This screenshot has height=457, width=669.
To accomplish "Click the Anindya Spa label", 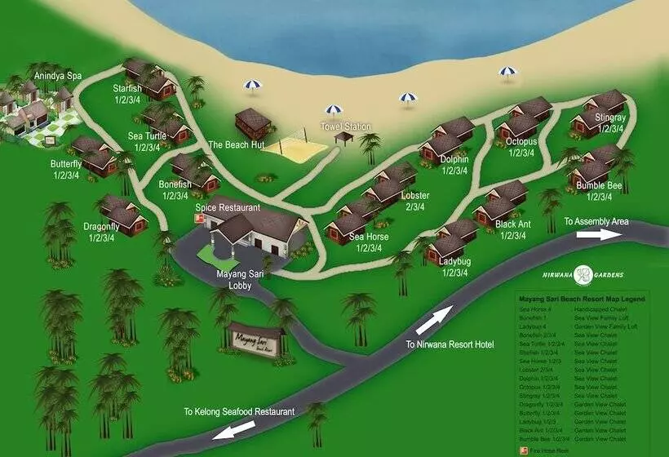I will (x=57, y=76).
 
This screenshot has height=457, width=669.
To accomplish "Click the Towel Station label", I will (x=345, y=126).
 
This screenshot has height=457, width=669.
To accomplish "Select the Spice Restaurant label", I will (x=228, y=207).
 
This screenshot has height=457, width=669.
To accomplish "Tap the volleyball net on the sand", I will (x=289, y=149).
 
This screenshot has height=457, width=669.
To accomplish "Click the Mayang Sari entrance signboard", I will (x=255, y=337).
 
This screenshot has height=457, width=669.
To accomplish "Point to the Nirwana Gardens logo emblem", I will (x=583, y=275).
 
